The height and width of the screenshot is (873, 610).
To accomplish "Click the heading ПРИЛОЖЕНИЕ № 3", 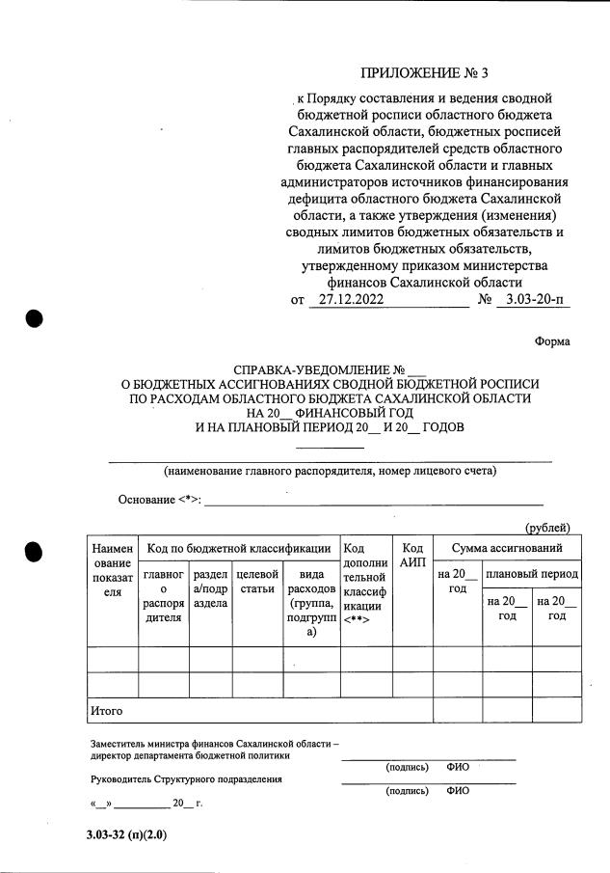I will pos(431,73).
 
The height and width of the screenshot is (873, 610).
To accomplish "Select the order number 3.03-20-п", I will pos(533,300).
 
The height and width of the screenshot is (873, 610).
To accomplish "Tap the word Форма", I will pos(552,341).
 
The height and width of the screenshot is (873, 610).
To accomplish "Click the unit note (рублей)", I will pos(547,527).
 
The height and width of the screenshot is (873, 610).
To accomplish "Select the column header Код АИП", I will pos(412,554).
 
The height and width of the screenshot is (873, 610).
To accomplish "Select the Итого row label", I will pos(106,711).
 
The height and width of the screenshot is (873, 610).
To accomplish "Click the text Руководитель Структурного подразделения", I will pos(186,779).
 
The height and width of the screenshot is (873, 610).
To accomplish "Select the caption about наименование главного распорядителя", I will pos(330,472).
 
